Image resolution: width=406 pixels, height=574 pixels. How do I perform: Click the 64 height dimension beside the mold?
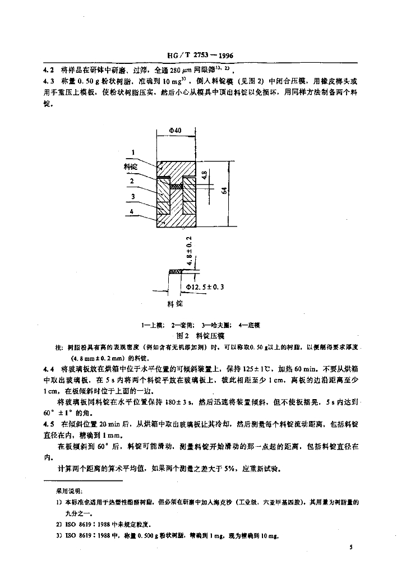[224, 191]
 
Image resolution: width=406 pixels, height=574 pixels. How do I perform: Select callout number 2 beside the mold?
[132, 181]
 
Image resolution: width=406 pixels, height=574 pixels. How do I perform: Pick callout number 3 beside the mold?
[132, 196]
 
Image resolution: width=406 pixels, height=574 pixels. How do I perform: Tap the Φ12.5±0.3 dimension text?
[205, 287]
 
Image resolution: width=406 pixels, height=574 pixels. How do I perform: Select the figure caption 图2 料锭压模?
[200, 335]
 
